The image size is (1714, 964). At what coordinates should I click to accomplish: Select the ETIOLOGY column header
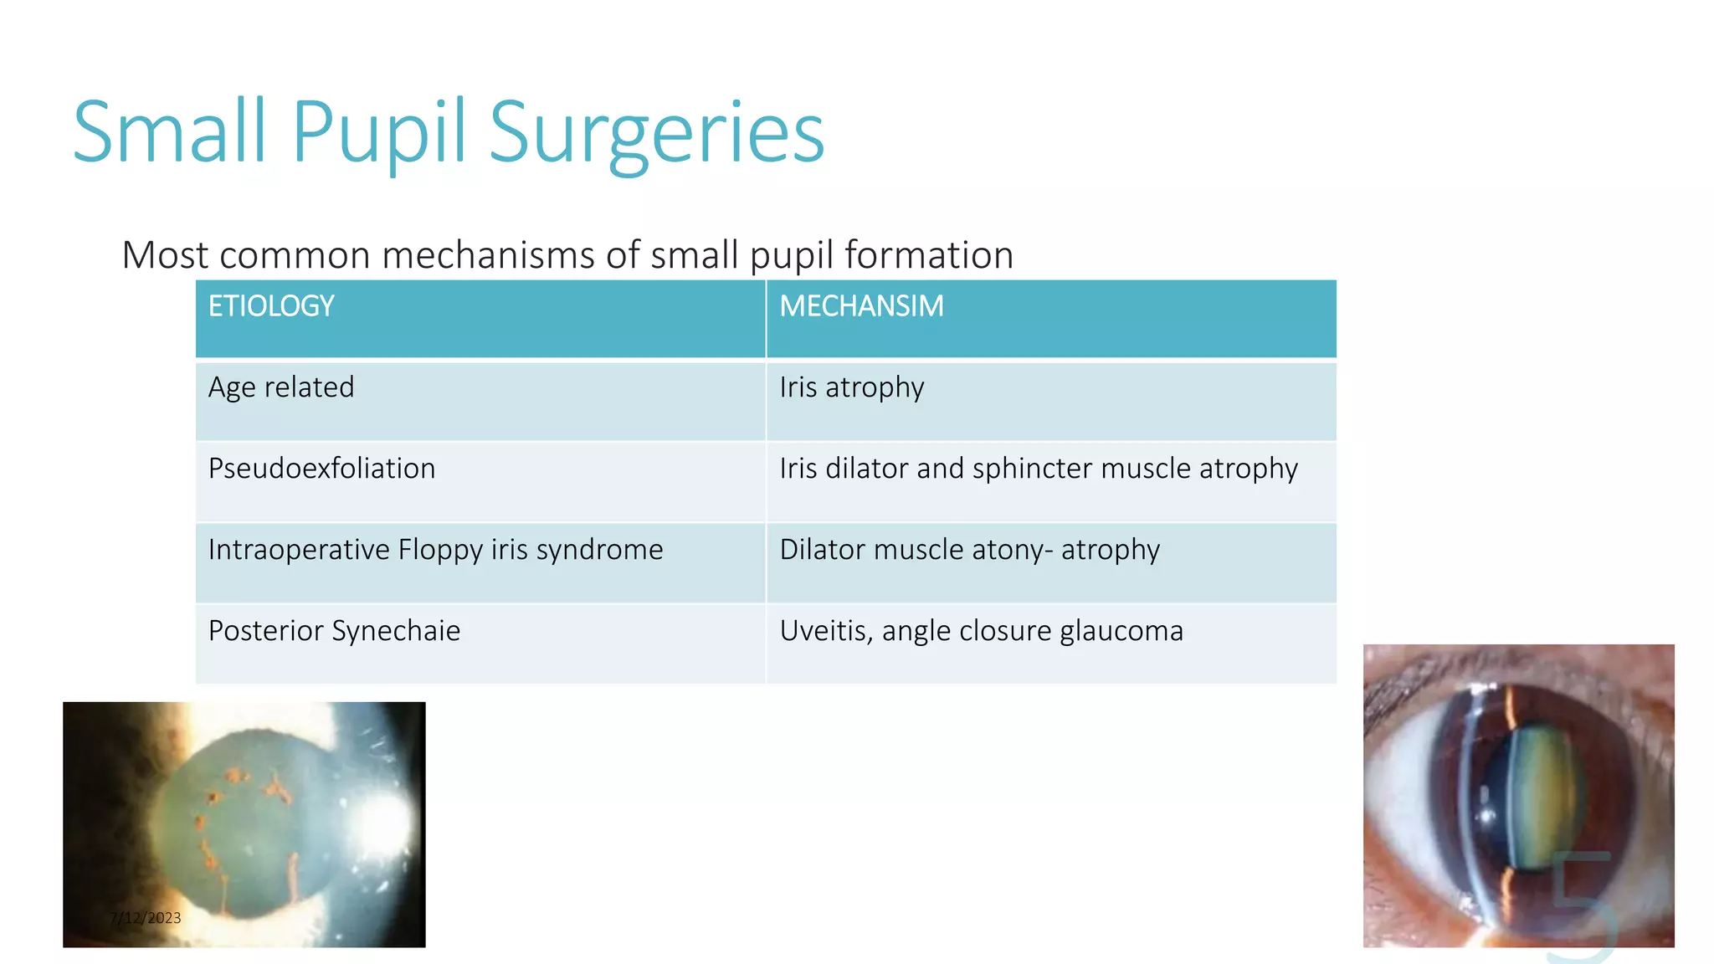271,306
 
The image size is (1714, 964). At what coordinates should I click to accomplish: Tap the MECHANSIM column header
861,306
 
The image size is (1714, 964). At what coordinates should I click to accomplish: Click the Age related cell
281,387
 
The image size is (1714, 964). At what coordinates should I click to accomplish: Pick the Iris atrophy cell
851,387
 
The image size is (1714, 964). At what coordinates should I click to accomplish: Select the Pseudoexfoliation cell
321,469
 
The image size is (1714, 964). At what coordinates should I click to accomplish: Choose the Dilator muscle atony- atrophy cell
969,550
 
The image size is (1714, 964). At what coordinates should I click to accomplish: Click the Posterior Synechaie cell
334,631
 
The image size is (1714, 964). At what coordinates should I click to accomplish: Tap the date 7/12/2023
145,918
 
